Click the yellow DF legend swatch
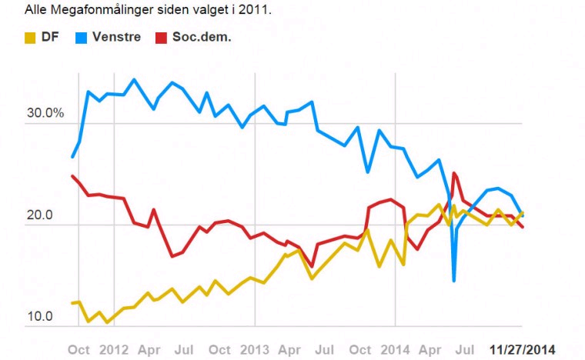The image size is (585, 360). (32, 37)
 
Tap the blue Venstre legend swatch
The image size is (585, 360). (81, 37)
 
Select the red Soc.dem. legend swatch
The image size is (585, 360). (161, 37)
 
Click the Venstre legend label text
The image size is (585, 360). (116, 37)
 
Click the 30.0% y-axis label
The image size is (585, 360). (45, 113)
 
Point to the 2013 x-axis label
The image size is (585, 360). (254, 348)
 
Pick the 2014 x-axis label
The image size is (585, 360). (396, 348)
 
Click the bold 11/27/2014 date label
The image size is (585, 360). (523, 348)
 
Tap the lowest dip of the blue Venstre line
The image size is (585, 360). (454, 281)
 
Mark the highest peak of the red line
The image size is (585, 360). (455, 173)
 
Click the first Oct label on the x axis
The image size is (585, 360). (79, 348)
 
